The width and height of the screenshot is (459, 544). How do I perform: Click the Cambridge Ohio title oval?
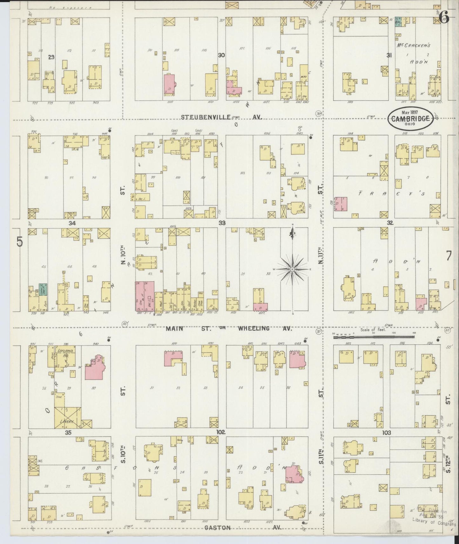click(410, 118)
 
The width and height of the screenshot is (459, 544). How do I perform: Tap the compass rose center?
click(292, 269)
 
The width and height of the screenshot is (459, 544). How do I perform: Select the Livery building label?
click(67, 421)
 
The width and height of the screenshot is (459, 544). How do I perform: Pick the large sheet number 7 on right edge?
click(448, 255)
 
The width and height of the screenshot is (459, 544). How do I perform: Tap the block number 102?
click(221, 432)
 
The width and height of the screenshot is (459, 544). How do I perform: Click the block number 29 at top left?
click(51, 57)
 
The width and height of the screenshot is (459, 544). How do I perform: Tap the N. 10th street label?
click(123, 258)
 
